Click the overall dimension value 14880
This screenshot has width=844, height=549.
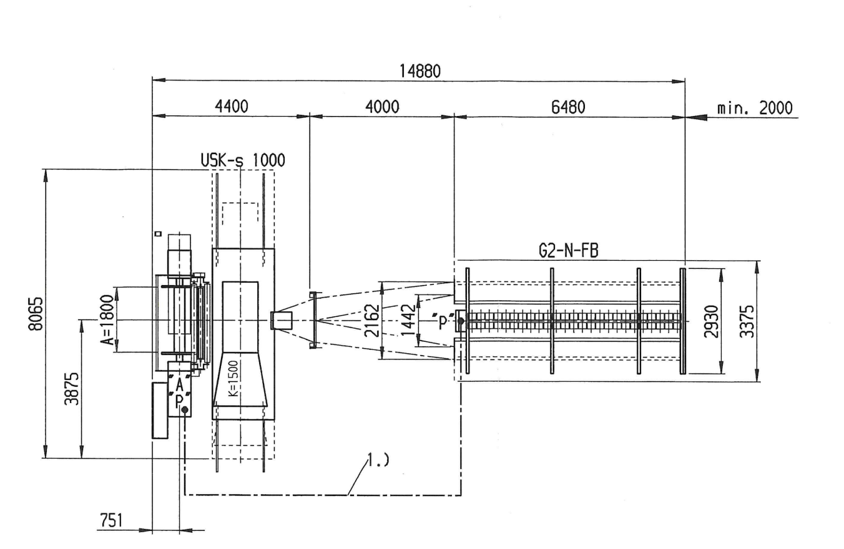[x=420, y=71]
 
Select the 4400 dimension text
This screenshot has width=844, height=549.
[x=232, y=107]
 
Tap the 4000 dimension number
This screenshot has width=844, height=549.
[x=383, y=107]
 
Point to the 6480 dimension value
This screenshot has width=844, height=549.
[x=568, y=107]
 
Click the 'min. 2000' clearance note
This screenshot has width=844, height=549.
[x=755, y=108]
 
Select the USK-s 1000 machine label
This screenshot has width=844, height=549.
[x=243, y=160]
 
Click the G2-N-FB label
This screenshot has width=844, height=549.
[x=569, y=251]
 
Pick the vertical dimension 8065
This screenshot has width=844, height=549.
[x=36, y=314]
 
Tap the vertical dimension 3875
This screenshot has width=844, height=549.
[x=72, y=389]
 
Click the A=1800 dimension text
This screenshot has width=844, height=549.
[x=107, y=319]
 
